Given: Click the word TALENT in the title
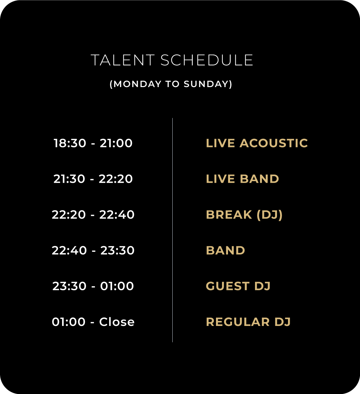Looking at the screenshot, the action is (x=123, y=60).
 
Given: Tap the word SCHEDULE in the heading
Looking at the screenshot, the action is (x=207, y=60).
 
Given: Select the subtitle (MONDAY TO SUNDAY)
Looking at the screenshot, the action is (x=171, y=84).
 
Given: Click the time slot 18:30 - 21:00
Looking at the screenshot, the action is (x=93, y=143).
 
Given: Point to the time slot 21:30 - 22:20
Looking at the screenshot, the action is (x=93, y=179).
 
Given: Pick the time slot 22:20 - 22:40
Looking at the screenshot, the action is (x=93, y=215).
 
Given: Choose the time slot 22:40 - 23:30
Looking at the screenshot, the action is (x=93, y=251).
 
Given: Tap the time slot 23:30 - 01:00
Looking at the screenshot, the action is (x=93, y=286).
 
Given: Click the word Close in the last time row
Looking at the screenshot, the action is (x=117, y=322).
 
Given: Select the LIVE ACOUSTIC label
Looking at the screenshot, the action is (x=257, y=143).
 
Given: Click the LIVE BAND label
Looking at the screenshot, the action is (x=243, y=179).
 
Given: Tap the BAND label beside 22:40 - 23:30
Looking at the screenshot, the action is (x=225, y=251).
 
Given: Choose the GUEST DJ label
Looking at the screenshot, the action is (x=238, y=286).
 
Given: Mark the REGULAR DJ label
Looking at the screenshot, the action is (x=248, y=322).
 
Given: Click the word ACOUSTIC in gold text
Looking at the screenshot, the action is (x=274, y=143).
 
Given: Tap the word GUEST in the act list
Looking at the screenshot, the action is (x=228, y=286).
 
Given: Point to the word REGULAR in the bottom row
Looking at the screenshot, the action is (x=238, y=322).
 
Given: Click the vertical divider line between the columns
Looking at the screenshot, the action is (x=172, y=230).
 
